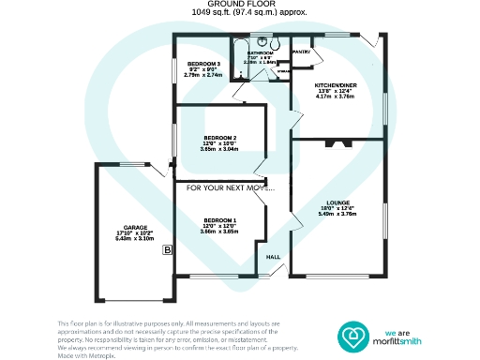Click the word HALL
[274, 257]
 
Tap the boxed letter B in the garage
[167, 250]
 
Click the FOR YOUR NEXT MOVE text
[230, 188]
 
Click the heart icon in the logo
[355, 337]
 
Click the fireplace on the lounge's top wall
[335, 144]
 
